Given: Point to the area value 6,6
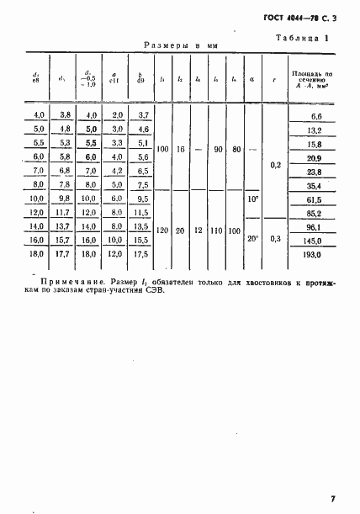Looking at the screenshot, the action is [x=316, y=114].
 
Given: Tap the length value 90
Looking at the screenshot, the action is [x=217, y=149].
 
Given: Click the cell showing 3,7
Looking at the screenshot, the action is [x=142, y=114].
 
